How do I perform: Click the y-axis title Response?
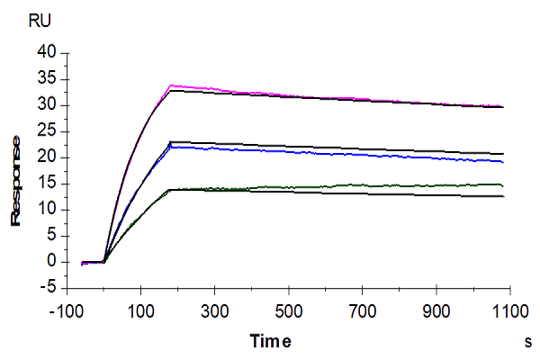[15, 181]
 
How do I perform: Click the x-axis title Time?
[271, 342]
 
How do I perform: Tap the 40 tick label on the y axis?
[47, 54]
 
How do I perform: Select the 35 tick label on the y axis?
[47, 80]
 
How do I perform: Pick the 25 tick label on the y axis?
[47, 132]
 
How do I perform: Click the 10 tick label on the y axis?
[47, 210]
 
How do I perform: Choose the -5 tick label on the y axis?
[47, 288]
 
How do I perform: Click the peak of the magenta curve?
[171, 85]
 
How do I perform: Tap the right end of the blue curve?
[503, 162]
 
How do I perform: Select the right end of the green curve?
[503, 184]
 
